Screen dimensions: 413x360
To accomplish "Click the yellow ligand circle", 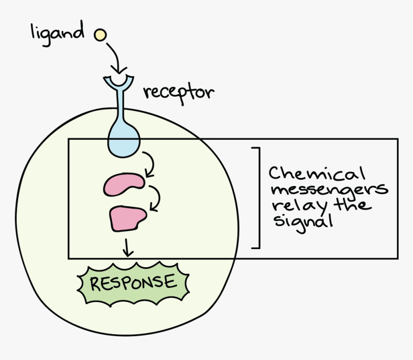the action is point(100,35).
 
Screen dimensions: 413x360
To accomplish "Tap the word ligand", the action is point(58,34).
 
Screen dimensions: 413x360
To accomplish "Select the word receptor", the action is point(179,94).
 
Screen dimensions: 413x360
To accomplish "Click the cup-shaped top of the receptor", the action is point(119,82).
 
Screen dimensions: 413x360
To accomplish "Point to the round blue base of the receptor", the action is point(123,141).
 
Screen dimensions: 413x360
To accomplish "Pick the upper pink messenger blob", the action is point(124,184).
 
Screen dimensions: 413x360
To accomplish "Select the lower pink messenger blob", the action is point(127,219).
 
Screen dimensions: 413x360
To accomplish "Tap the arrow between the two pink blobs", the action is point(157,198).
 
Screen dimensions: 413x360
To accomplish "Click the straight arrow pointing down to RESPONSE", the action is point(127,248).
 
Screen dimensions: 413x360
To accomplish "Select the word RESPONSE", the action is point(133,283).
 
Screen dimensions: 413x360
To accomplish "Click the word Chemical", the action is point(317,174).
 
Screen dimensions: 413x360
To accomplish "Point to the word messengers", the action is point(330,190).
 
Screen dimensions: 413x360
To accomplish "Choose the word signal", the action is point(303,222).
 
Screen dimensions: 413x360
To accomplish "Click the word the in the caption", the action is point(352,204).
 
